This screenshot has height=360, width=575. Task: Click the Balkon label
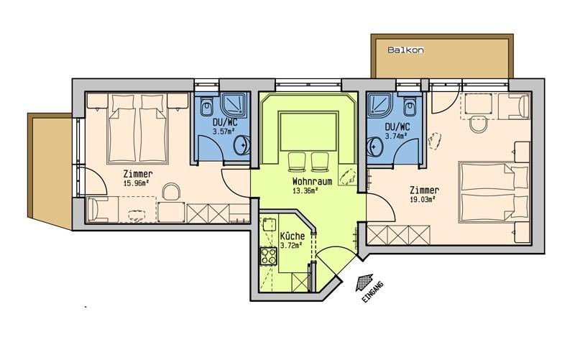point(405,50)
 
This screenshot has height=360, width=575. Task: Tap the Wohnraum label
point(312,182)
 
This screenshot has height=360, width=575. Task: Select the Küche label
point(292,236)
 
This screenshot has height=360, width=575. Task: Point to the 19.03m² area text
point(423,200)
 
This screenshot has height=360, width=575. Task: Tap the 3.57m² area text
point(224,131)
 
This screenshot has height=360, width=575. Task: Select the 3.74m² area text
point(397,136)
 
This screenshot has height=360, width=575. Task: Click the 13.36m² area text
point(305,190)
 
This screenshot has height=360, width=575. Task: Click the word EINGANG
point(372,292)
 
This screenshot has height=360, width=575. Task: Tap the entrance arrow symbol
point(364,282)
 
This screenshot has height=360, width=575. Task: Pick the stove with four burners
point(268,257)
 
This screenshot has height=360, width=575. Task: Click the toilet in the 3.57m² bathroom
point(206,106)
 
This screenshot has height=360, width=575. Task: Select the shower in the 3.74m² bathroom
point(381,105)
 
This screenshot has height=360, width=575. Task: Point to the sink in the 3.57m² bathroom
point(241,144)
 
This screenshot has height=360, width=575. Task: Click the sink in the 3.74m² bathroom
point(374,147)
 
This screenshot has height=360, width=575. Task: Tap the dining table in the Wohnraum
point(308,131)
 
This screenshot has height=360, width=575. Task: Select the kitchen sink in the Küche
point(268,224)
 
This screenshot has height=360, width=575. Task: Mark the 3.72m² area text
point(291,245)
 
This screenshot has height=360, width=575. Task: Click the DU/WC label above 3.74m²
point(397,127)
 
